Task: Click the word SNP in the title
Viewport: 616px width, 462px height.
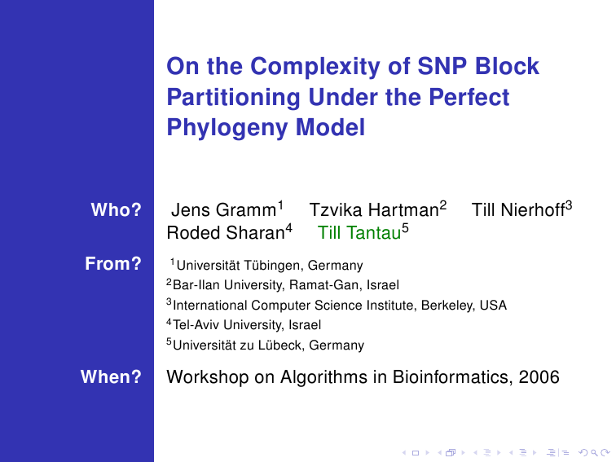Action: [x=442, y=66]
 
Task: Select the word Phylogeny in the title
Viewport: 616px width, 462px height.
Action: [x=227, y=128]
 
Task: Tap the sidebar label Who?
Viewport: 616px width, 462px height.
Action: [x=116, y=209]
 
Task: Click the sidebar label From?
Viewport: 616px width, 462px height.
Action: [x=113, y=264]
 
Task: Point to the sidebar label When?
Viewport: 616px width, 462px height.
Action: [x=111, y=376]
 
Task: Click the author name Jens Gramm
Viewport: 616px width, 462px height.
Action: [x=223, y=210]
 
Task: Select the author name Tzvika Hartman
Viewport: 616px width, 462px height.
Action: [x=374, y=210]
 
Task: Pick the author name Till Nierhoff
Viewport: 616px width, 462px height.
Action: [x=518, y=210]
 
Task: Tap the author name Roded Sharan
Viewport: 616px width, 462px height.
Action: [x=226, y=233]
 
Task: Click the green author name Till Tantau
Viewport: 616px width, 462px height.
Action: [x=359, y=233]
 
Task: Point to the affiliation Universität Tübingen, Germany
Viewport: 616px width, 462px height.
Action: [x=270, y=266]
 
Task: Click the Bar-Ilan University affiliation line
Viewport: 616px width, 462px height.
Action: [x=283, y=284]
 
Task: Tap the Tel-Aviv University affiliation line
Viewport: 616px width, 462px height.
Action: [x=244, y=325]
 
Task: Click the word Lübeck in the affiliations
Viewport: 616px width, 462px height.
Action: [x=280, y=345]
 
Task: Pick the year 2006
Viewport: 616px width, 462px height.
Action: [x=539, y=377]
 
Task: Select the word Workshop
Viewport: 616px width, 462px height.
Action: [x=208, y=377]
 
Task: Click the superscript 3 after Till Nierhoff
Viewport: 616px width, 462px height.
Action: [x=569, y=205]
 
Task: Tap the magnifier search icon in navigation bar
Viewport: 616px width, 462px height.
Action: [x=594, y=453]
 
